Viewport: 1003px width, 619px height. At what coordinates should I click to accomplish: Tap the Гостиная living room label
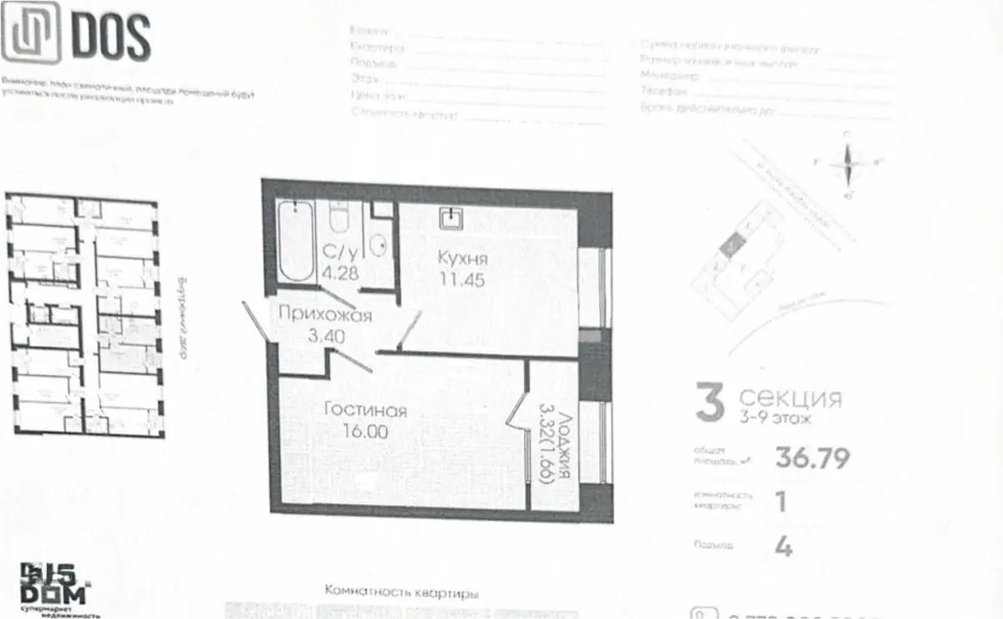[x=366, y=411]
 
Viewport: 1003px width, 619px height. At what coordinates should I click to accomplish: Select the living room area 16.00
[x=365, y=432]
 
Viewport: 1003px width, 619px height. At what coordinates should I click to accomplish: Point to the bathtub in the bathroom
[x=295, y=240]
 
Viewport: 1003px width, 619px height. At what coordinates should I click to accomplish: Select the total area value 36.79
[x=801, y=458]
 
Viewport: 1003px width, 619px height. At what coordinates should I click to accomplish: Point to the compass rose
[x=848, y=163]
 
